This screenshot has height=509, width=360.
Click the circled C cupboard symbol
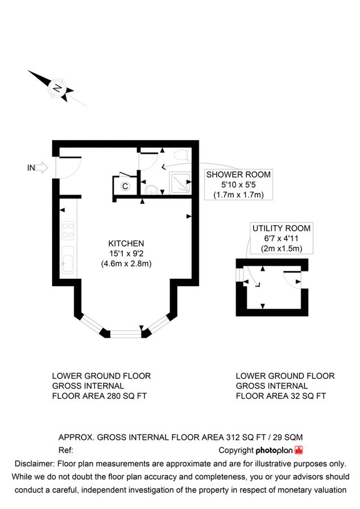point(125,186)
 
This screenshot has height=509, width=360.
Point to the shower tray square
point(180,181)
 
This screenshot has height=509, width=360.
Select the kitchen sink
point(67,261)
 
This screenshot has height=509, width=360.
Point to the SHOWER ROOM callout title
point(238,175)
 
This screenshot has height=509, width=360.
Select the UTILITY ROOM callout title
point(281,228)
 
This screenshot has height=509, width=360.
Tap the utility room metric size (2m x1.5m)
point(281,249)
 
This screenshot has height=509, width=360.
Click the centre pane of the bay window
point(125,334)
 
